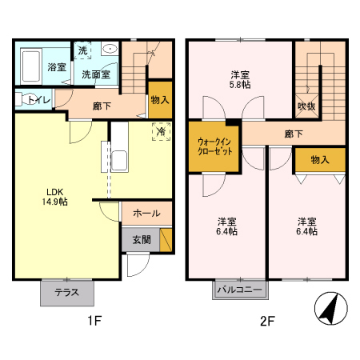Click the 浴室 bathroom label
click(56, 68)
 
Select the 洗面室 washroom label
click(94, 74)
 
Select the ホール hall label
click(146, 214)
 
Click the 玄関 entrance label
click(141, 238)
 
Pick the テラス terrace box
click(66, 292)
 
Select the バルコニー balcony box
click(241, 289)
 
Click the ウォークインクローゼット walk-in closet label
click(214, 146)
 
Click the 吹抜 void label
click(307, 105)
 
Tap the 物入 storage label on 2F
click(319, 160)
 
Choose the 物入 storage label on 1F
click(160, 99)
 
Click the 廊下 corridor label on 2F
click(292, 134)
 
